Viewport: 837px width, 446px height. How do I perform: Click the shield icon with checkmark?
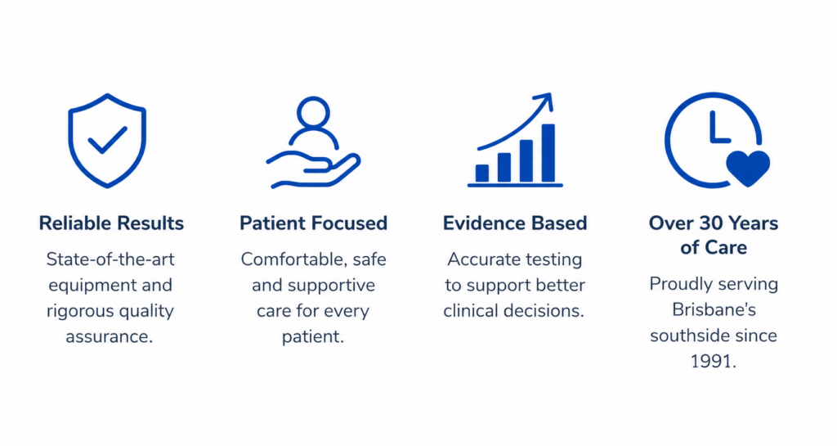(x=107, y=141)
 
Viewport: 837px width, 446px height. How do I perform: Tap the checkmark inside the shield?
(x=107, y=140)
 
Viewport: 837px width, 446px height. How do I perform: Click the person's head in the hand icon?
(x=313, y=112)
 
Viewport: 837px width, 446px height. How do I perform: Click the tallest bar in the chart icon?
(x=548, y=153)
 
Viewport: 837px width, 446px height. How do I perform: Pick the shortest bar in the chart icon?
(x=482, y=173)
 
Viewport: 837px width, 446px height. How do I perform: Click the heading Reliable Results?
(x=111, y=223)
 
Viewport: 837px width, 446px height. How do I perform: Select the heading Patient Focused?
(x=313, y=223)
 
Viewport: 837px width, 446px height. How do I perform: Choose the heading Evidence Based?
(x=515, y=223)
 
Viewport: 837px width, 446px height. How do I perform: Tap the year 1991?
(x=713, y=362)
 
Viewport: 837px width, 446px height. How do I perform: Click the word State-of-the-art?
(x=110, y=259)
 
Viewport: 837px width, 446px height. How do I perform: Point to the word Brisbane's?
(x=714, y=310)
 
